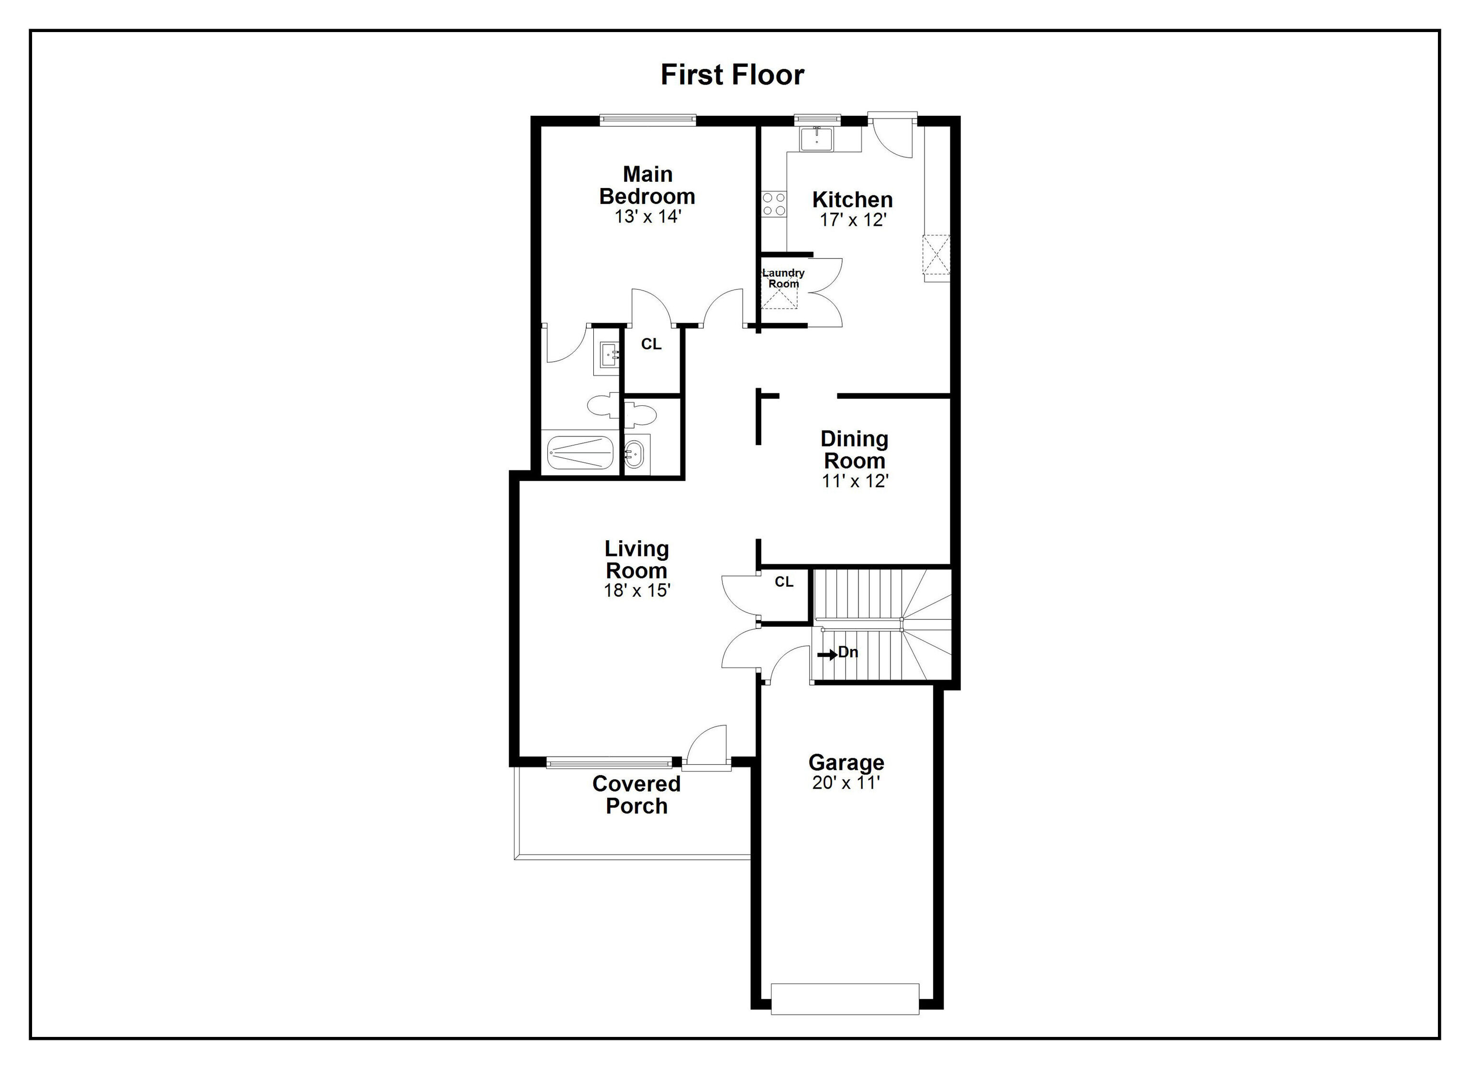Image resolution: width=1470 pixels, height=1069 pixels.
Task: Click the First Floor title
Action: tap(733, 75)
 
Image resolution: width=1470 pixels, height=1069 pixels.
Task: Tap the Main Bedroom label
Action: tap(647, 185)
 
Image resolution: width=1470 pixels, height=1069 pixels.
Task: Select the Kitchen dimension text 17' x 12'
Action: tap(852, 221)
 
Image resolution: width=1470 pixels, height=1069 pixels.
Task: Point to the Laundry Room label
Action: tap(783, 278)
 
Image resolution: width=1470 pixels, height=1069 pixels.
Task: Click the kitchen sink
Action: tap(816, 139)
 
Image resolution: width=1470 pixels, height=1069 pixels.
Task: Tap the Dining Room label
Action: tap(854, 450)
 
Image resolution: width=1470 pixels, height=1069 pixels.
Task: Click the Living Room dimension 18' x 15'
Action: tap(636, 590)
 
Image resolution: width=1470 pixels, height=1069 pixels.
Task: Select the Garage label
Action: tap(846, 762)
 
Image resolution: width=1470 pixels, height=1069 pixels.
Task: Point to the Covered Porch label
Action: tap(636, 795)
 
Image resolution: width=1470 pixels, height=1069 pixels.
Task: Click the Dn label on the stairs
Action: tap(848, 652)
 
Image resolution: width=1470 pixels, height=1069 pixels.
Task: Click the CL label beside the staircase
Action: tap(784, 582)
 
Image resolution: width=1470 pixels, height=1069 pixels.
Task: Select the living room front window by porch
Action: tap(609, 762)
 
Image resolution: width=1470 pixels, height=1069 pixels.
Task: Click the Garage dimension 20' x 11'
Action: tap(846, 783)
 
